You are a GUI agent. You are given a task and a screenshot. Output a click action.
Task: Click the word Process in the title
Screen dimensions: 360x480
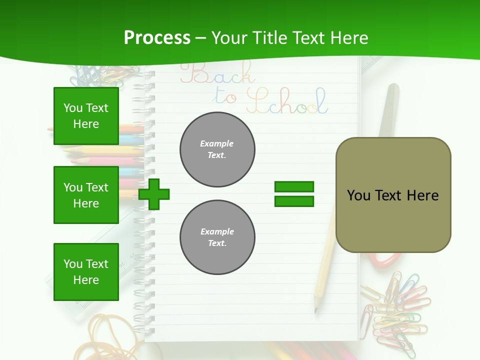click(x=157, y=38)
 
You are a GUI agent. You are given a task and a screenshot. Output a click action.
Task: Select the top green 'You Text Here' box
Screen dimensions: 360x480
click(x=86, y=116)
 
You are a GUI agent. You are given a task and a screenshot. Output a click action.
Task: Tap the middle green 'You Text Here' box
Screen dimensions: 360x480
click(x=86, y=195)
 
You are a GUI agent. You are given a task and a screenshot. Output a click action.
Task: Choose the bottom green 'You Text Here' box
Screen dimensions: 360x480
click(x=86, y=272)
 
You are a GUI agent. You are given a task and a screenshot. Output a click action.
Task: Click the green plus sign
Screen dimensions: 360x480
click(x=154, y=194)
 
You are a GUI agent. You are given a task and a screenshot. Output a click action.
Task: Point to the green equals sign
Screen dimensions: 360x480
click(x=294, y=194)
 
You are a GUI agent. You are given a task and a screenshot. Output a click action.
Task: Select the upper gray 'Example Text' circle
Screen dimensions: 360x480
click(x=217, y=149)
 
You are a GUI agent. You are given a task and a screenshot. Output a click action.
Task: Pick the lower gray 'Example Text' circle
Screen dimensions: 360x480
click(x=217, y=237)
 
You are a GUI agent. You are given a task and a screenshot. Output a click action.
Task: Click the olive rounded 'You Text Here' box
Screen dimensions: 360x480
click(x=393, y=195)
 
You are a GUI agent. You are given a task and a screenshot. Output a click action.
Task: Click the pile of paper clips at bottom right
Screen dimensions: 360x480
click(x=395, y=307)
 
